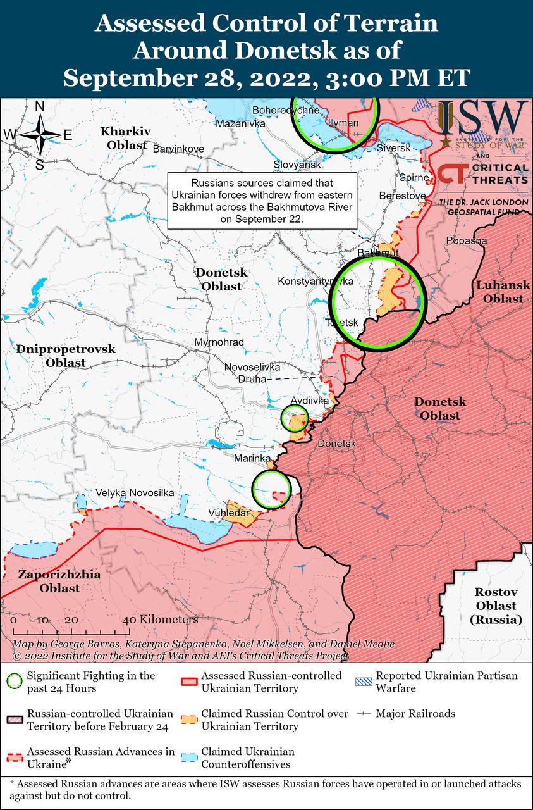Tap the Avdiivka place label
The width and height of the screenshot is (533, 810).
point(310,401)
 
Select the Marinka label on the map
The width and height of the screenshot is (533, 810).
point(252,458)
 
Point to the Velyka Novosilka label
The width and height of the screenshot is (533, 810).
point(134,493)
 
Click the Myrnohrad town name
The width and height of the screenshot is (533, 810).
point(219,342)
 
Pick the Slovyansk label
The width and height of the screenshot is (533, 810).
point(297,165)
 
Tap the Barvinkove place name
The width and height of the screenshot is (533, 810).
point(179,149)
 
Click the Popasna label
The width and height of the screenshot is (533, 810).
point(467,240)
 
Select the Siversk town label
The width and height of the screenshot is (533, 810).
point(393,147)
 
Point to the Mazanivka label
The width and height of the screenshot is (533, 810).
point(240,123)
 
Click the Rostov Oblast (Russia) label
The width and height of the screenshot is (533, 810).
point(496,606)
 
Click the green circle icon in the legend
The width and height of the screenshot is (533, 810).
point(14,682)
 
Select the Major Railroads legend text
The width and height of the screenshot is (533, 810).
point(415,713)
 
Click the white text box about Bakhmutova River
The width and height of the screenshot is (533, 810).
point(262,201)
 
